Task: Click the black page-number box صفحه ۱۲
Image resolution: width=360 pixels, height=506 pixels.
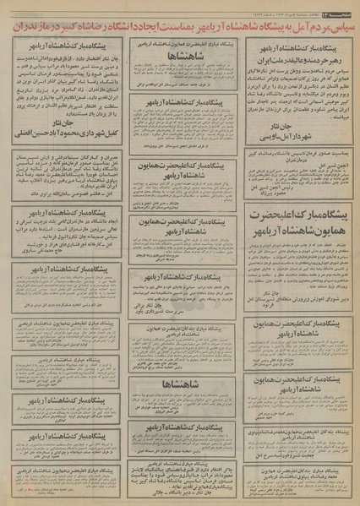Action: click(x=339, y=8)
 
